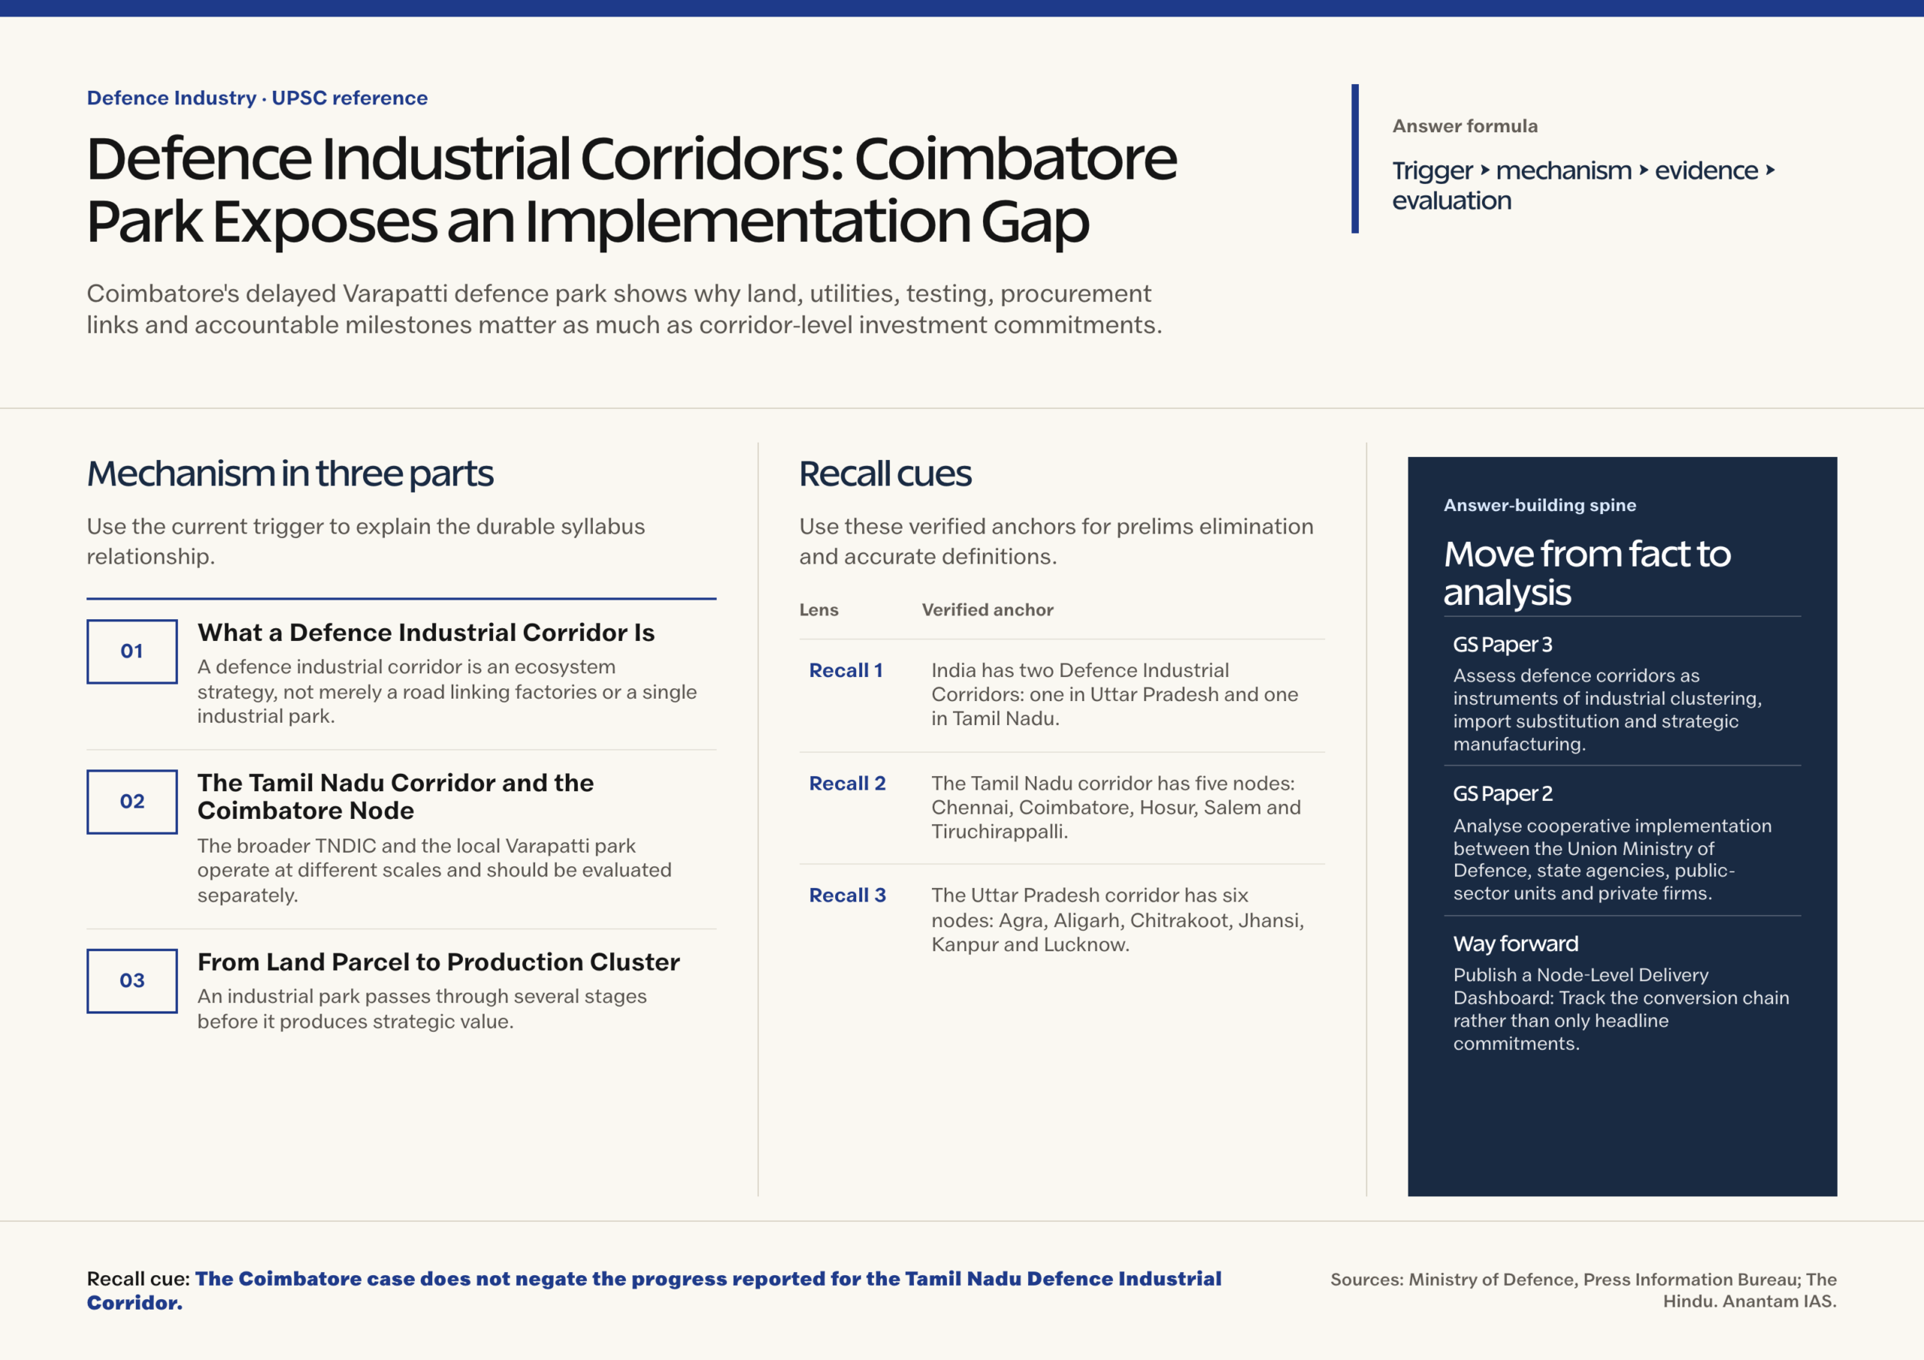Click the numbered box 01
point(132,651)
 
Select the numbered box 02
point(132,801)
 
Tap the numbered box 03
point(132,981)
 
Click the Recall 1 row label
point(846,670)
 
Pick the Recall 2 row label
point(847,784)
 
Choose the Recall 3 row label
point(847,895)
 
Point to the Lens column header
point(818,610)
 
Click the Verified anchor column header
point(987,610)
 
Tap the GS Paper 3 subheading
point(1502,645)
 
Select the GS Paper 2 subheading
point(1502,793)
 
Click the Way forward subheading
point(1516,944)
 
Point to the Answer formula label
point(1465,126)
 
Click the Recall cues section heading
point(885,474)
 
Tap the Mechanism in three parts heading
point(290,474)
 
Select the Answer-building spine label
point(1539,505)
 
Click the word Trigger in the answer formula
point(1432,171)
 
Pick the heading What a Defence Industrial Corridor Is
point(425,633)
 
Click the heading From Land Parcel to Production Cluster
point(438,962)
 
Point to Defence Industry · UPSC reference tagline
point(257,98)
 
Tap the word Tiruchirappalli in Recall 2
point(1000,832)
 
